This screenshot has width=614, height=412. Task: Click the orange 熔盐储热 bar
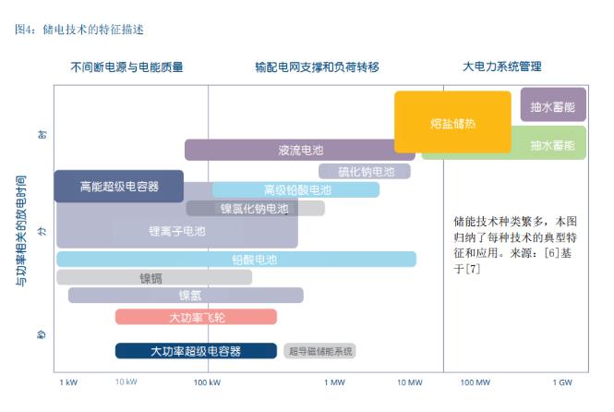pos(452,122)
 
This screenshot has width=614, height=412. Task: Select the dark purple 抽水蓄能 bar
pos(553,104)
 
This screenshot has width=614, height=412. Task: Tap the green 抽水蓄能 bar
pos(552,145)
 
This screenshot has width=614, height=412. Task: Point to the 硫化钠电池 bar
pos(365,171)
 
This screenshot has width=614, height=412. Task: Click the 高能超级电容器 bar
pos(118,186)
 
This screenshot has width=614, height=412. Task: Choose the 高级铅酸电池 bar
pos(296,189)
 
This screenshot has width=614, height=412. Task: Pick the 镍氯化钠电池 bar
pos(254,208)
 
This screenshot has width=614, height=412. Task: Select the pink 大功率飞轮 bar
pos(196,316)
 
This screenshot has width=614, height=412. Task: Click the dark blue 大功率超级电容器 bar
pos(196,350)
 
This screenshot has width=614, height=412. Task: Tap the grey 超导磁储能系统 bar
pos(319,351)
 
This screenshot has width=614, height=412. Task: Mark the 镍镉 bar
pos(154,277)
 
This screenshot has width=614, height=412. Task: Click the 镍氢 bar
pos(186,296)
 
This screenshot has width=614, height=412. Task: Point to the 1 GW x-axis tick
pos(562,382)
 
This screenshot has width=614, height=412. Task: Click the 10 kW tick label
pos(126,382)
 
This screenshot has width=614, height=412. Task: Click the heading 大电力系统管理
pos(501,67)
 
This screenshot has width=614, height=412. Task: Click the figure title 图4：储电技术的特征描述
pos(79,29)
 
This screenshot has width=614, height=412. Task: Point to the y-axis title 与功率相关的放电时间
pos(20,229)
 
